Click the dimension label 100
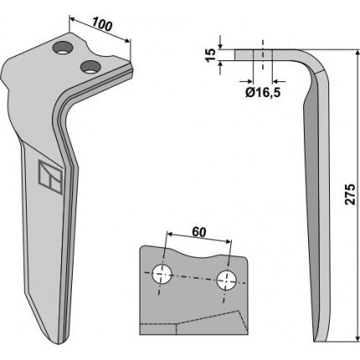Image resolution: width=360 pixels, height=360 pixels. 102,23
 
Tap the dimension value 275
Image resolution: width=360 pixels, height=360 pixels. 350,194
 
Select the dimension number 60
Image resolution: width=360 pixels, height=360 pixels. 199,232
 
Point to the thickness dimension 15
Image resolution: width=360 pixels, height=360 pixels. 212,54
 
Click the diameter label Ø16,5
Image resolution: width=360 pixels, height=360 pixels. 263,92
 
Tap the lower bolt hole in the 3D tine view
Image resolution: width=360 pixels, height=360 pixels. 90,67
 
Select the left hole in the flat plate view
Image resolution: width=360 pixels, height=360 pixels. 162,274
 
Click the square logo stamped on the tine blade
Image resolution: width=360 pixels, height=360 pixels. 50,177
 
